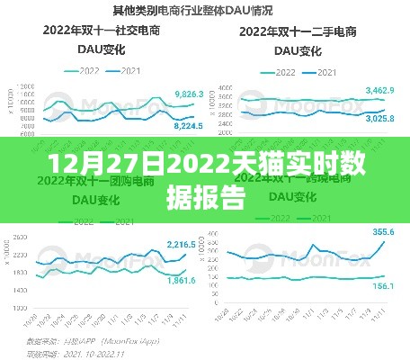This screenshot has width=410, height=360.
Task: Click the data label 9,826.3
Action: point(188,94)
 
